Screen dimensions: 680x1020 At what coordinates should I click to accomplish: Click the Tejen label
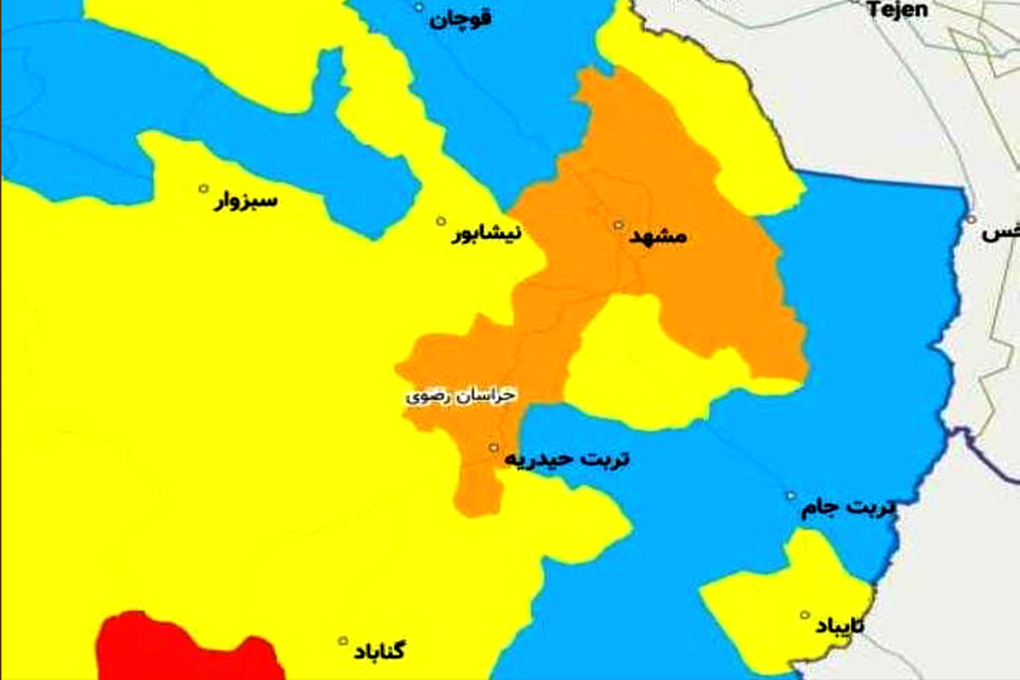pyautogui.click(x=897, y=10)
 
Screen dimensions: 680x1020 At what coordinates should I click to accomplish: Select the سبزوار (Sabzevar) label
pyautogui.click(x=246, y=202)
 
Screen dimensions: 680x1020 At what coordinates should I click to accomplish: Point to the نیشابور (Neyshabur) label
pyautogui.click(x=485, y=235)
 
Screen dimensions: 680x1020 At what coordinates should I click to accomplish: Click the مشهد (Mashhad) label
pyautogui.click(x=658, y=238)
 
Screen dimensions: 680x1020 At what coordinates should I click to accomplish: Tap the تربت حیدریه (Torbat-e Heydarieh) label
pyautogui.click(x=568, y=460)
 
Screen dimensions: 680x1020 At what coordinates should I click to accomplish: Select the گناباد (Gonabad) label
pyautogui.click(x=377, y=653)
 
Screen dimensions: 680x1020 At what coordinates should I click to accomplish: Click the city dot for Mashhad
pyautogui.click(x=619, y=225)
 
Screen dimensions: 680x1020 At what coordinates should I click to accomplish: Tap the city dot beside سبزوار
pyautogui.click(x=203, y=188)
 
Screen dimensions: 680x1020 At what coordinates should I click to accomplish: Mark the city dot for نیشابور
pyautogui.click(x=440, y=221)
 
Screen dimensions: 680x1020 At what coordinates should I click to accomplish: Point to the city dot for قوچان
pyautogui.click(x=418, y=7)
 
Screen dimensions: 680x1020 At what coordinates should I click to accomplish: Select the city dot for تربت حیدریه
pyautogui.click(x=493, y=446)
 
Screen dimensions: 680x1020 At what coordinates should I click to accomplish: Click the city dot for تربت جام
pyautogui.click(x=791, y=496)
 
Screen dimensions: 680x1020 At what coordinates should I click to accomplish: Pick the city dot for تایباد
pyautogui.click(x=804, y=615)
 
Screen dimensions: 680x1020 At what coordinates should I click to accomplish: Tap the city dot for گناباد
pyautogui.click(x=343, y=641)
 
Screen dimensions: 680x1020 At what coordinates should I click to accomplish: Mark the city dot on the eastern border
pyautogui.click(x=971, y=218)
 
